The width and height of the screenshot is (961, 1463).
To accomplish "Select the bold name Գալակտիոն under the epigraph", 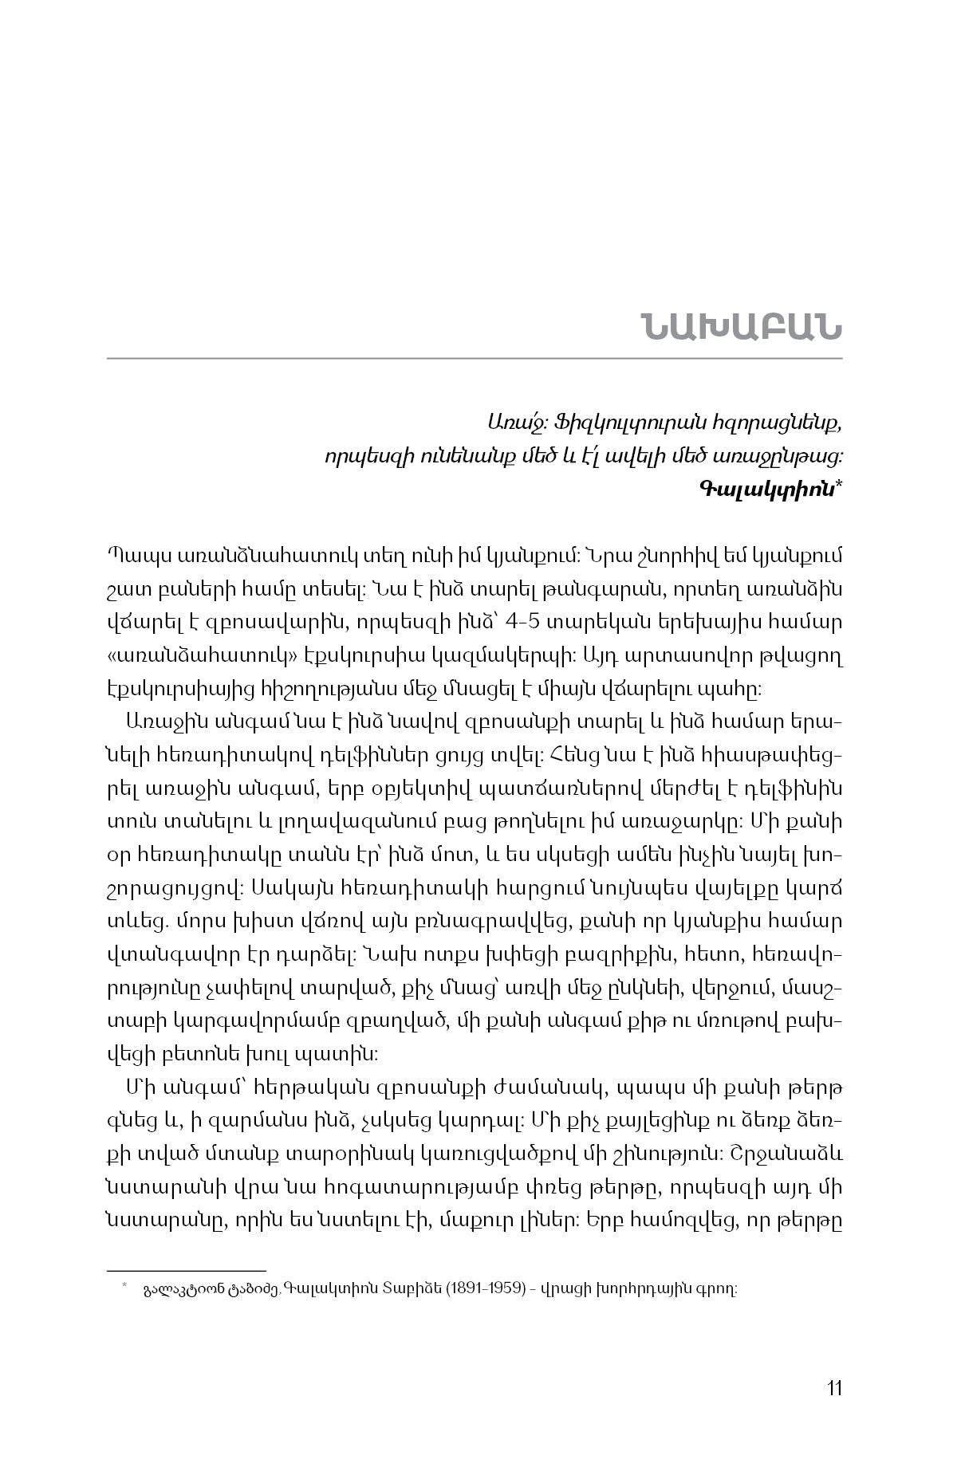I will pyautogui.click(x=765, y=489).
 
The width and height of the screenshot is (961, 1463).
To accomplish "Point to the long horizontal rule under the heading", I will pyautogui.click(x=475, y=359).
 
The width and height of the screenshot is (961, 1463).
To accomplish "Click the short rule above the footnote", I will pyautogui.click(x=186, y=1271).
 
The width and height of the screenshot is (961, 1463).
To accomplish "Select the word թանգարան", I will pyautogui.click(x=502, y=591).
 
